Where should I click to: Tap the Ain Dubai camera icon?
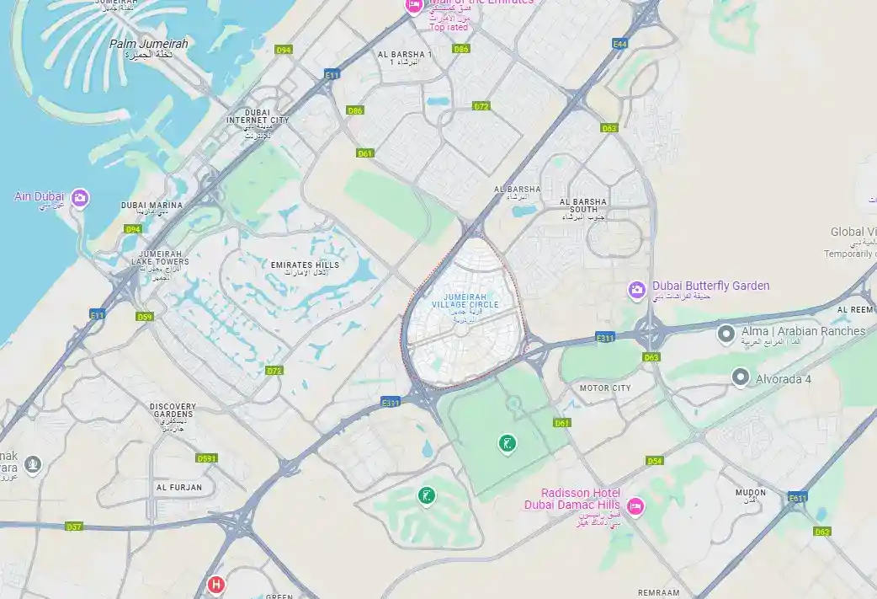coord(80,198)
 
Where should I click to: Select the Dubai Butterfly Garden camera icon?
coord(637,290)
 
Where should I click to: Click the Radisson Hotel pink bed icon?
coord(635,505)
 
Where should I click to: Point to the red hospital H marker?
coord(216,584)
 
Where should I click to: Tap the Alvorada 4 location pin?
coord(740,377)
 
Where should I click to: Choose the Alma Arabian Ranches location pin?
coord(726,334)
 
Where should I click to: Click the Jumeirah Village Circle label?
coord(465,304)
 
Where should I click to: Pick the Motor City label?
coord(604,388)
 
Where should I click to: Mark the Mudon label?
coord(751,494)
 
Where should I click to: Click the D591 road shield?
coord(206,458)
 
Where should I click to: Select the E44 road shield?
coord(620,44)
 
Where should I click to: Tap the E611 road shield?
coord(799,499)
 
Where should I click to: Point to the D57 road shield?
coord(74,527)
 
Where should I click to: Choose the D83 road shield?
coord(609,128)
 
